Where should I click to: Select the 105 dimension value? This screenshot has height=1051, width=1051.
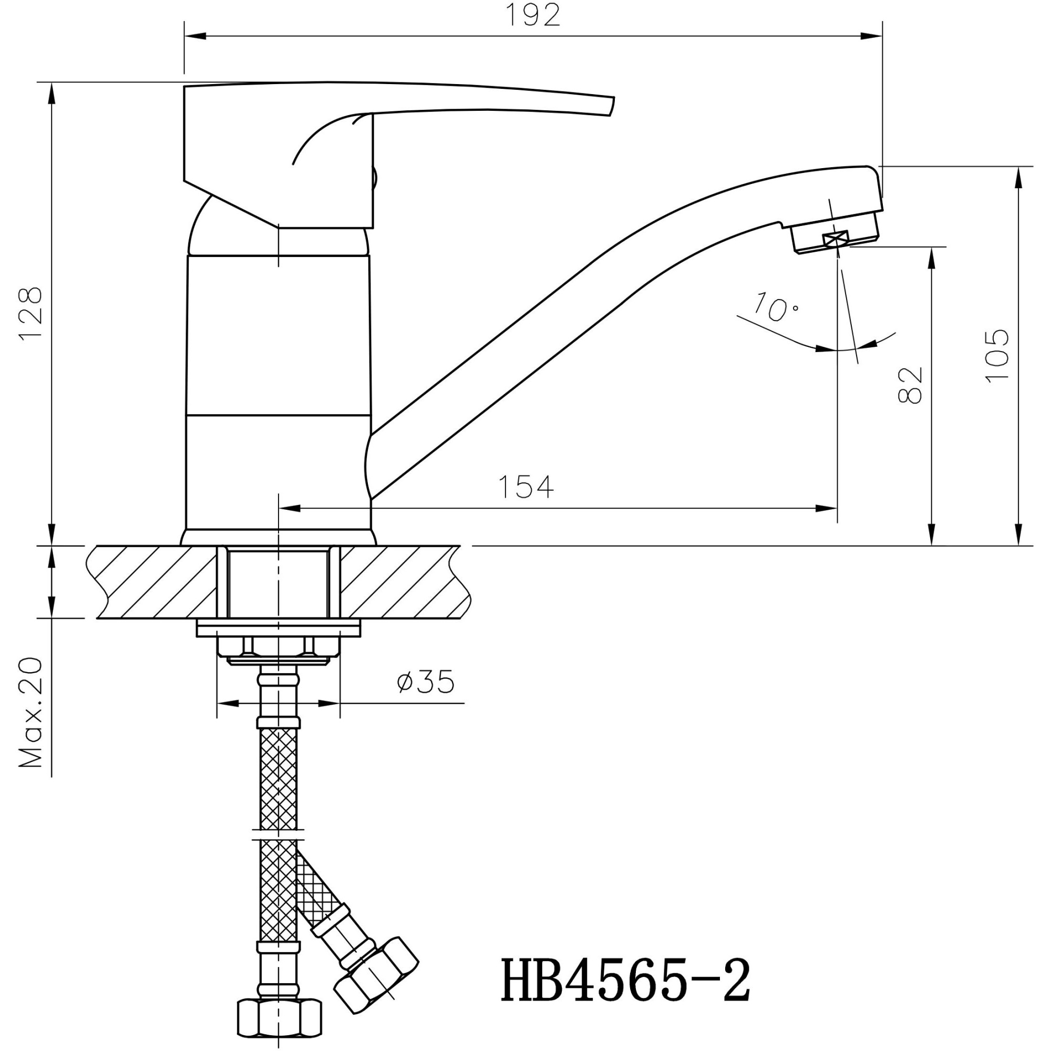click(998, 356)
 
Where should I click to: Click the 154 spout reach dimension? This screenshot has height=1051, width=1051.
click(525, 487)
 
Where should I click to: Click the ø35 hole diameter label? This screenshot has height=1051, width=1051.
click(426, 682)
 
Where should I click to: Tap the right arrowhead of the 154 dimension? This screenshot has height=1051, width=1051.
click(827, 508)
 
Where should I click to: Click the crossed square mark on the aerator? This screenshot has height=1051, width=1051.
click(836, 238)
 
